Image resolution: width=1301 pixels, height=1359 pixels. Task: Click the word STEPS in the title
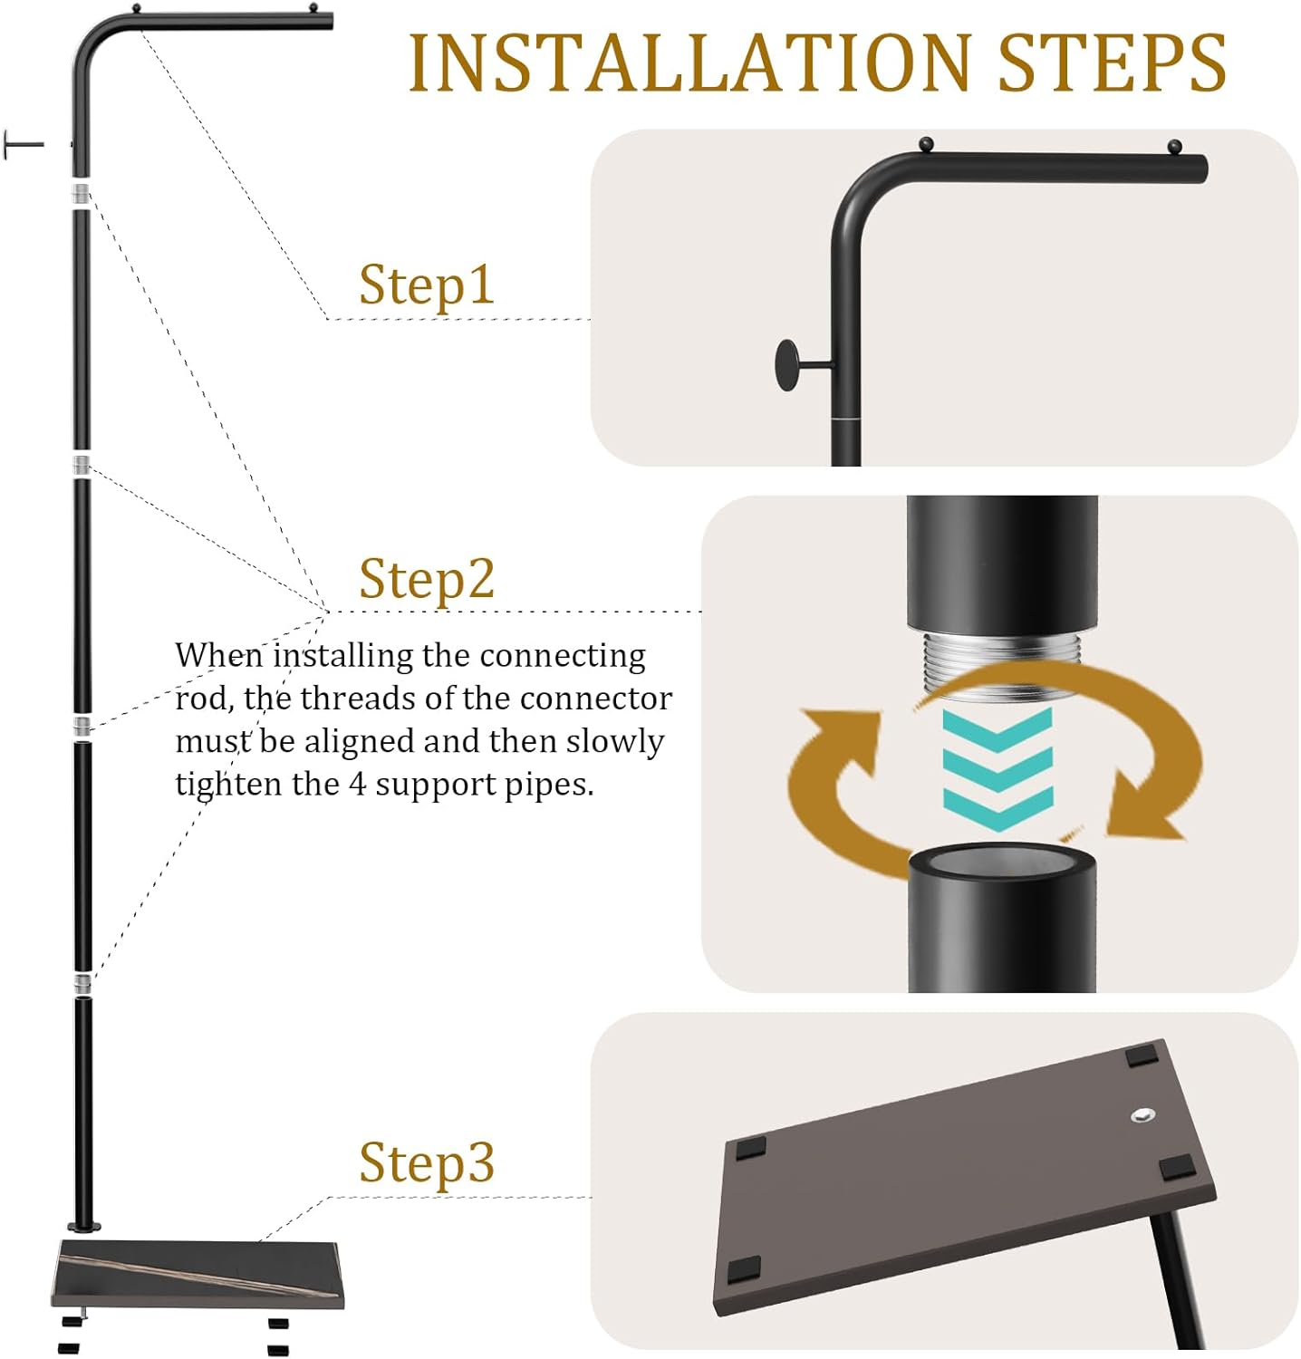(1113, 63)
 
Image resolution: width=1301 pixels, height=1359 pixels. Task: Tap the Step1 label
(427, 284)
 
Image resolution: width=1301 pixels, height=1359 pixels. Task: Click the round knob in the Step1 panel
(787, 365)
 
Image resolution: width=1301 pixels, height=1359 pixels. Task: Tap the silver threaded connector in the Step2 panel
(1001, 666)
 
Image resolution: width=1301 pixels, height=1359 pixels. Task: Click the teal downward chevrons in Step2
(997, 770)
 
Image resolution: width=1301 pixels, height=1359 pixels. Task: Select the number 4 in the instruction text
(358, 785)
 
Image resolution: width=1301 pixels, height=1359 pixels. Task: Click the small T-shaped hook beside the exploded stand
(24, 145)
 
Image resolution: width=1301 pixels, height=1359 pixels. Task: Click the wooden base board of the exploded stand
(198, 1274)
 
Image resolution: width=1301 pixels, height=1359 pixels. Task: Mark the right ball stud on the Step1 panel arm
(1175, 147)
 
